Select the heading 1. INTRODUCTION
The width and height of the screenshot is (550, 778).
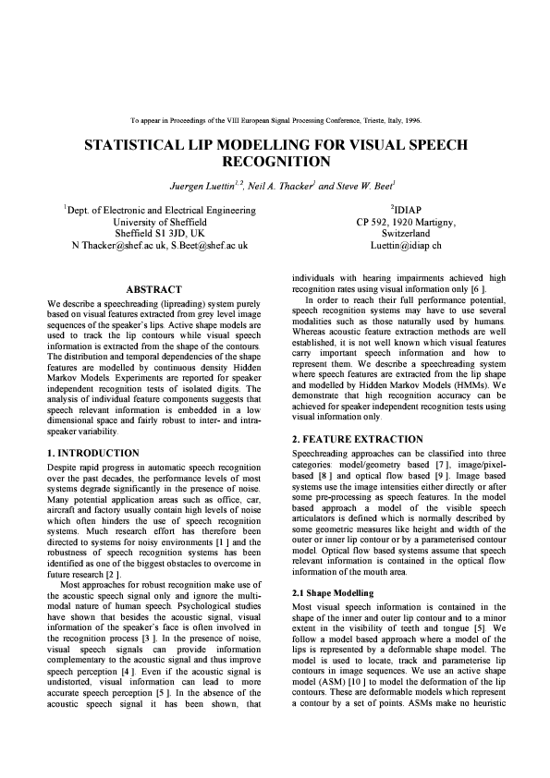(93, 453)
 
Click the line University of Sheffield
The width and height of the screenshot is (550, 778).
(160, 223)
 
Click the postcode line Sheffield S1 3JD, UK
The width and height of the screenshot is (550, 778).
(160, 235)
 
